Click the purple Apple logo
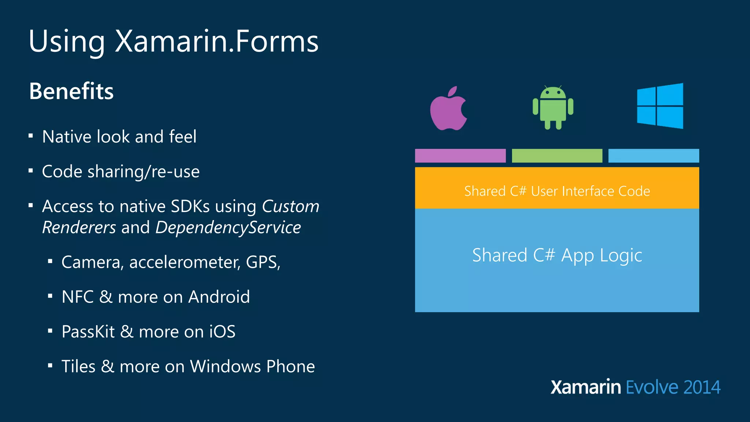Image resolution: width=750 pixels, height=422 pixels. (448, 109)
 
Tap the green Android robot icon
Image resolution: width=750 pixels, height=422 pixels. (553, 108)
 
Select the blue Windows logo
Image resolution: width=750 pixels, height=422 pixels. (660, 106)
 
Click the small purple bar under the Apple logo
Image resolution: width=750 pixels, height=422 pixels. (460, 156)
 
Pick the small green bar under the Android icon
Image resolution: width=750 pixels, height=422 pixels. (557, 156)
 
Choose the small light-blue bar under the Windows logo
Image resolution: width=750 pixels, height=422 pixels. (653, 156)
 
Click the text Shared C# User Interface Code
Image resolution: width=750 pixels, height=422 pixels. (557, 191)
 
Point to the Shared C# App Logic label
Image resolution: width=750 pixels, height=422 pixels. (557, 255)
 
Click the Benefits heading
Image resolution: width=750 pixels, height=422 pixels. (71, 91)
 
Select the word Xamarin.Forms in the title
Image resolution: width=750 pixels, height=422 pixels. (217, 41)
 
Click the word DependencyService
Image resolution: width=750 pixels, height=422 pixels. (228, 227)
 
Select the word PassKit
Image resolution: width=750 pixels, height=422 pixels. (88, 332)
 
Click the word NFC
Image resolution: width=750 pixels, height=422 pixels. (78, 297)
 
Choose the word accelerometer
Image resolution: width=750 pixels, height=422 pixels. (185, 262)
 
